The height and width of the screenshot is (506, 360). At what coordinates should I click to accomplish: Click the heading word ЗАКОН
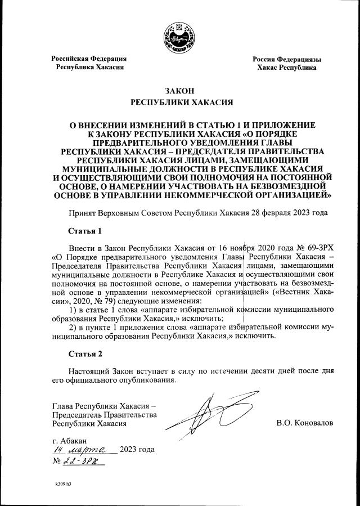coord(180,91)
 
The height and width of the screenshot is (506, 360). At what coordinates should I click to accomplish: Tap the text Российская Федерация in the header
coord(89,59)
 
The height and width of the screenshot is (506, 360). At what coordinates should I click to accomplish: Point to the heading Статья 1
coord(85,231)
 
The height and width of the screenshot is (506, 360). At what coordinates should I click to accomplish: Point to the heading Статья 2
coord(85,354)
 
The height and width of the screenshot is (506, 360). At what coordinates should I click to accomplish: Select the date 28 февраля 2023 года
coord(290,214)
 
